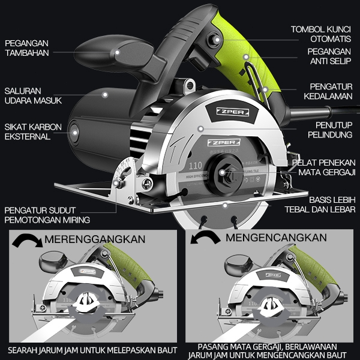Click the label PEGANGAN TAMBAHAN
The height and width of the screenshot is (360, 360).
(x=26, y=48)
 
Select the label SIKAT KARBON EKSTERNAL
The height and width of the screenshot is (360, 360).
(x=30, y=132)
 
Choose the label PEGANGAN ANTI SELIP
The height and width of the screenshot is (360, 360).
(x=332, y=56)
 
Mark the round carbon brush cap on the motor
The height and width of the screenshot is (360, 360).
(x=74, y=131)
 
